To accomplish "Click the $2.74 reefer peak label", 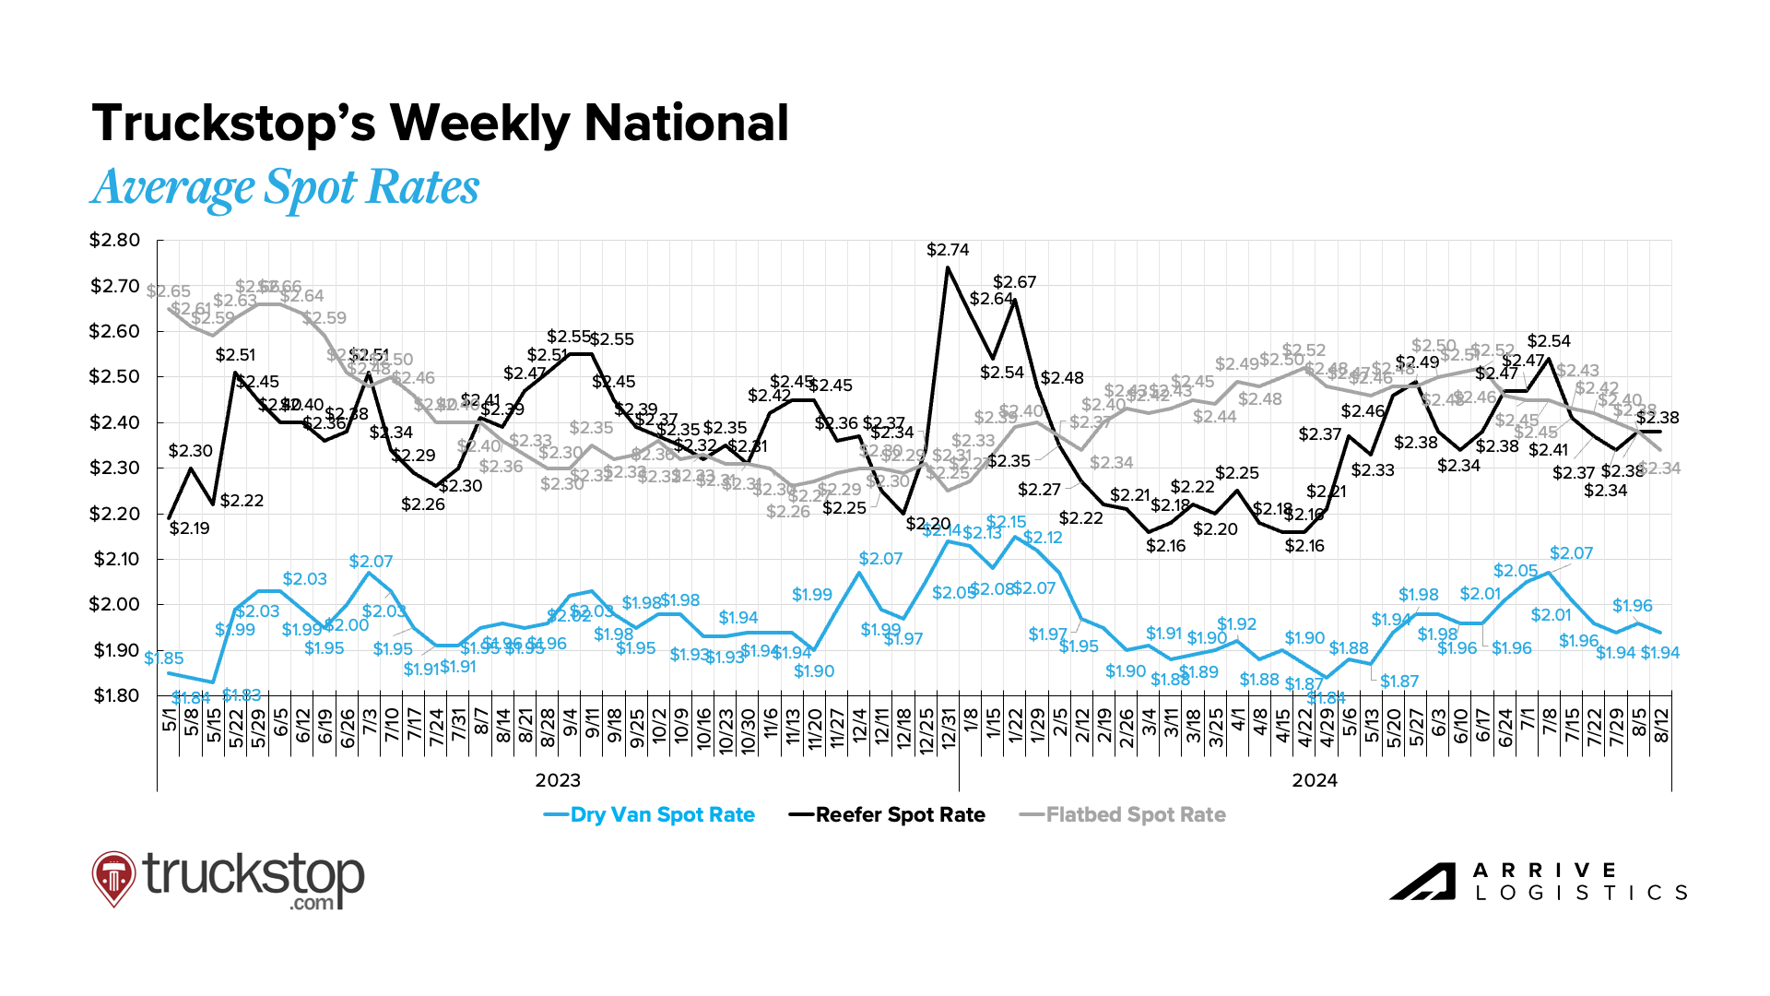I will point(948,250).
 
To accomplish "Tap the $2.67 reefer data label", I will point(1014,282).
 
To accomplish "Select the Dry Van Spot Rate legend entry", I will point(650,815).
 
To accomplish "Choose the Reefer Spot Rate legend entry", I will point(888,815).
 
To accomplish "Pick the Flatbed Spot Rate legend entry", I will point(1123,815).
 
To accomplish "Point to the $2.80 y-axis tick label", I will point(114,241).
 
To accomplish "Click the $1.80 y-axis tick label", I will point(114,696).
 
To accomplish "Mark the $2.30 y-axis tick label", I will point(114,468).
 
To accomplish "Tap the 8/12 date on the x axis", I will point(1661,727).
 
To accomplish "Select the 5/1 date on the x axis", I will point(170,720).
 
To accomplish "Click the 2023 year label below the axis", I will point(558,781).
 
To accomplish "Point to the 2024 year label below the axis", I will point(1314,781).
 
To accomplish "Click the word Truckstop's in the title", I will point(234,124).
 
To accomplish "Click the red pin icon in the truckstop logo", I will point(113,877).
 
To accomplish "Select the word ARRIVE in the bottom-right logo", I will point(1544,871).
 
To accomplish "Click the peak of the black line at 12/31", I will point(948,267).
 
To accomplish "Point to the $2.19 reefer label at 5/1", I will point(189,528).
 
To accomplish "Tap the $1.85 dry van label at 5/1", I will point(164,658).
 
